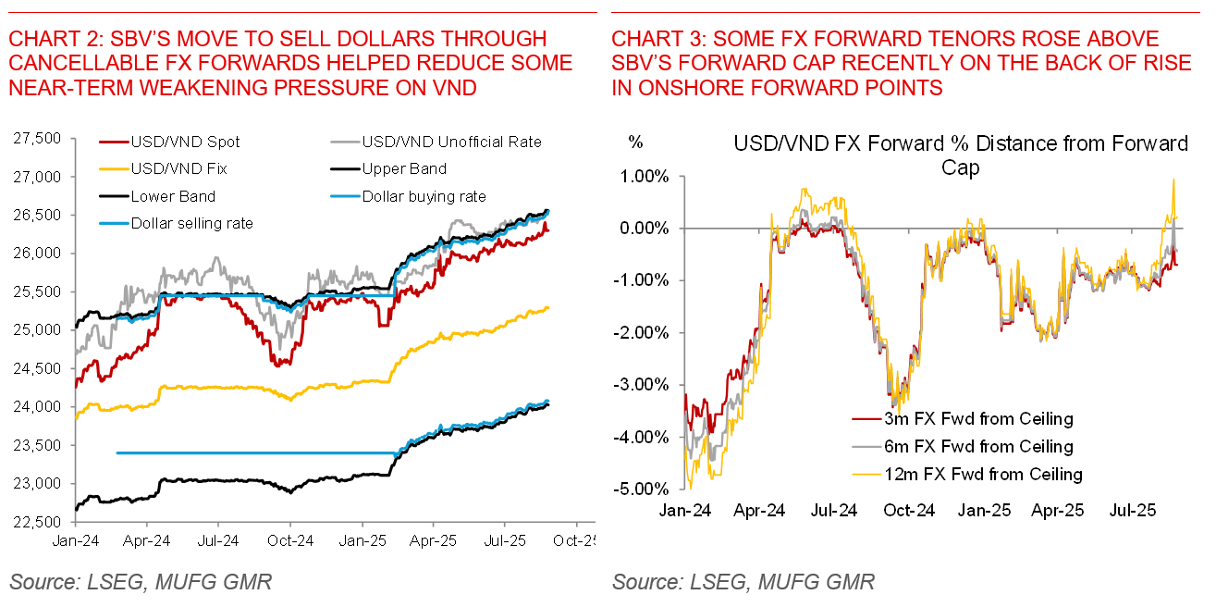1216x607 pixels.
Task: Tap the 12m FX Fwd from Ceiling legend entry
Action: [970, 475]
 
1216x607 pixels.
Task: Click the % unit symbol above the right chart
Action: [636, 142]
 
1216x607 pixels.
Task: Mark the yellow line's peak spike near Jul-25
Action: [1173, 180]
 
